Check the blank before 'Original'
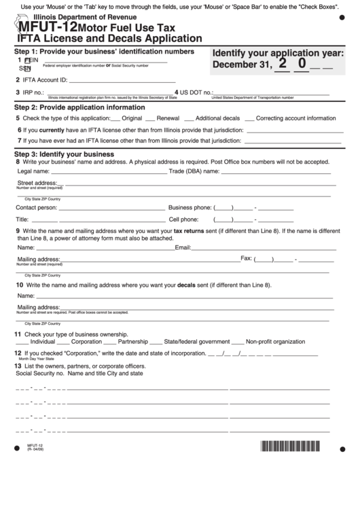pyautogui.click(x=115, y=118)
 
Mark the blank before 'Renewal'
pyautogui.click(x=150, y=118)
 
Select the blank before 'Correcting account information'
pyautogui.click(x=249, y=118)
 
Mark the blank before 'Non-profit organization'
pyautogui.click(x=238, y=342)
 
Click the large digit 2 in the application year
pyautogui.click(x=282, y=65)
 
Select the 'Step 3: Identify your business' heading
pyautogui.click(x=64, y=154)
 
